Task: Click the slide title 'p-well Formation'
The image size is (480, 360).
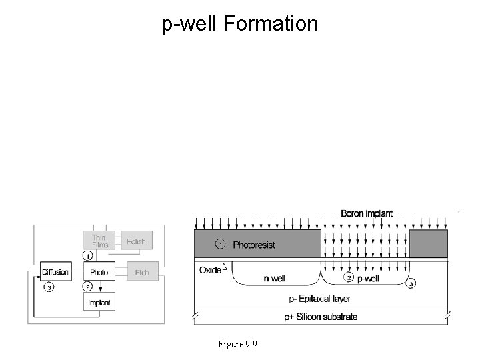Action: [240, 25]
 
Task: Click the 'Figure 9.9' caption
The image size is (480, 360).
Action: [238, 344]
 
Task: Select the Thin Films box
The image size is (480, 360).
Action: [99, 241]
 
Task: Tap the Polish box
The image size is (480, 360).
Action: [135, 241]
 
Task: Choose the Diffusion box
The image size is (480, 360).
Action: [55, 272]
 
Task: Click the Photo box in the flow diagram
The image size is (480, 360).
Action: [99, 272]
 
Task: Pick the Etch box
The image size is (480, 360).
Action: [141, 272]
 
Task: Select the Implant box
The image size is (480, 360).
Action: [99, 303]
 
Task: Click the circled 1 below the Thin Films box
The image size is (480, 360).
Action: [87, 256]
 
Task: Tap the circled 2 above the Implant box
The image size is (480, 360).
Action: [87, 287]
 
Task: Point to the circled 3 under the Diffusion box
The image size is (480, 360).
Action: [48, 287]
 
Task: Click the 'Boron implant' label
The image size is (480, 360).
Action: [367, 213]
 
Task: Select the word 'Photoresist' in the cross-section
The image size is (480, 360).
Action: [254, 245]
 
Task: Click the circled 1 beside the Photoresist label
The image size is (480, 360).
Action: [220, 245]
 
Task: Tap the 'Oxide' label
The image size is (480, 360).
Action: [210, 270]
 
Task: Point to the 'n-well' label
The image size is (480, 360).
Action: [274, 278]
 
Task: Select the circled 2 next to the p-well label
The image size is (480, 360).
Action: [347, 277]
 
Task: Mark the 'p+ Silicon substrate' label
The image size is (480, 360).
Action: [319, 317]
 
